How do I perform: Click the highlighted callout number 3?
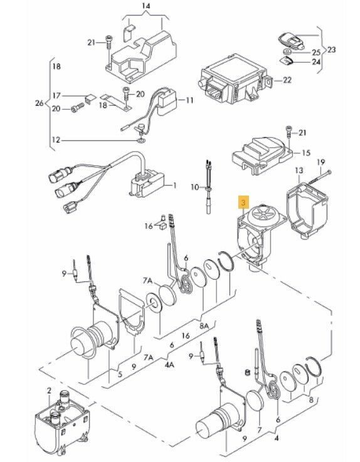(x=243, y=202)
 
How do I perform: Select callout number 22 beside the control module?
(x=287, y=80)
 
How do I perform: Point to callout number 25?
(x=316, y=53)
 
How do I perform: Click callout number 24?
(x=316, y=62)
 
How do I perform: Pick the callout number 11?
(x=189, y=100)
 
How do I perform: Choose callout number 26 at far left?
(x=40, y=103)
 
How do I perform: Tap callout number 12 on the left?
(x=56, y=139)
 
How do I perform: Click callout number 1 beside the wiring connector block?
(x=174, y=186)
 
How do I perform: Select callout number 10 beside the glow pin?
(x=195, y=187)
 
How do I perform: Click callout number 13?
(x=299, y=171)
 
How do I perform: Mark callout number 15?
(x=306, y=152)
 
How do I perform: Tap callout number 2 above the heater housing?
(x=49, y=391)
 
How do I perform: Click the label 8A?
(x=204, y=326)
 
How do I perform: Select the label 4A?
(x=169, y=365)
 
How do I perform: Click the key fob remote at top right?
(x=291, y=41)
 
